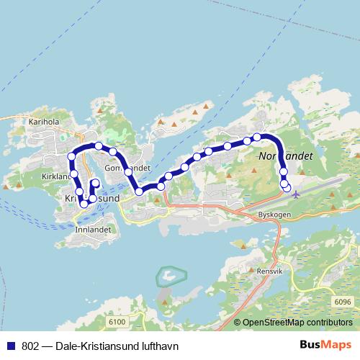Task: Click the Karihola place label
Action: (43, 122)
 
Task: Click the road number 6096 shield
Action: (342, 302)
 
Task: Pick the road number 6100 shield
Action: (118, 321)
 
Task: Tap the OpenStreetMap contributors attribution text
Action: (298, 323)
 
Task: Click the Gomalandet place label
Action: (127, 168)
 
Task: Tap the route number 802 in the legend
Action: (30, 346)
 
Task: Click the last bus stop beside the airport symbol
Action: (287, 189)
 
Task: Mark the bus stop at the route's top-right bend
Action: (257, 137)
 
